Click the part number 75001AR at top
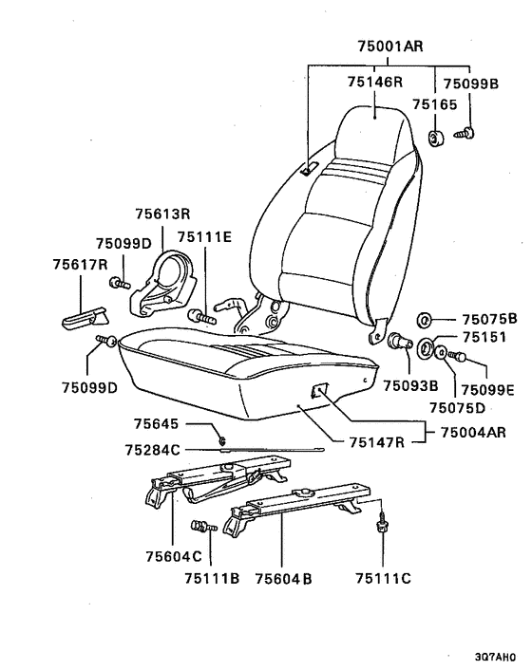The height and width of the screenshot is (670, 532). [390, 46]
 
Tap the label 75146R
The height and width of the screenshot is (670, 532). [375, 82]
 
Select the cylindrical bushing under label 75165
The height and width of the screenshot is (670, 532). [436, 139]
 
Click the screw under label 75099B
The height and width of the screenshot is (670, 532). [465, 133]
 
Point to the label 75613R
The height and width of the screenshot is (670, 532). [162, 214]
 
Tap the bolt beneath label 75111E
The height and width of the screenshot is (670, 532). [202, 317]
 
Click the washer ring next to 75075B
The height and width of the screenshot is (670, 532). [425, 320]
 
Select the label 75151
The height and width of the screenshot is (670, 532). [484, 337]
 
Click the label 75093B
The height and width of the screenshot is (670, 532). [410, 386]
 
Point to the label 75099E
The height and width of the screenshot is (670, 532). [488, 390]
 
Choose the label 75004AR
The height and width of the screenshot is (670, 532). [473, 432]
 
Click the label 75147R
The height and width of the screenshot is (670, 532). [377, 442]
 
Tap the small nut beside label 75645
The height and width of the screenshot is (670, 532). [221, 439]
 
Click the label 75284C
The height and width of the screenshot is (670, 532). [153, 450]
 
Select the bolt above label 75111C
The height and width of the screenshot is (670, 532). [381, 523]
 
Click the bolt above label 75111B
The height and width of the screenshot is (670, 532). [203, 526]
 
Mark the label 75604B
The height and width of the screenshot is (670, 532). [283, 579]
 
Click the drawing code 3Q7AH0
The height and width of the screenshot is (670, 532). [495, 657]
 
